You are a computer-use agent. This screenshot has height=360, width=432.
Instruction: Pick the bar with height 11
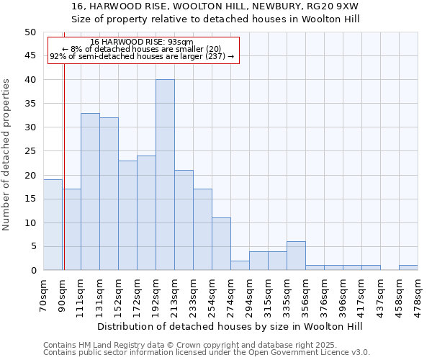221,244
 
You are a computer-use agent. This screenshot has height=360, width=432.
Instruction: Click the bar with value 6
296,256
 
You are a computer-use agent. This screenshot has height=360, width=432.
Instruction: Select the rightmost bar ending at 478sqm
408,268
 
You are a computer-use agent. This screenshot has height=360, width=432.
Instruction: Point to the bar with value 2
240,266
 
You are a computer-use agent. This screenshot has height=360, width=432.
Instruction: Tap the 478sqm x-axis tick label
418,291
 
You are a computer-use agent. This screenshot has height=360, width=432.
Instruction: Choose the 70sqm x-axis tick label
44,291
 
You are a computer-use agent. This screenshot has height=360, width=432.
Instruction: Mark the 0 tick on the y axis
32,271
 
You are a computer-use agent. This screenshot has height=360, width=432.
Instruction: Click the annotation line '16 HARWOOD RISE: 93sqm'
142,42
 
